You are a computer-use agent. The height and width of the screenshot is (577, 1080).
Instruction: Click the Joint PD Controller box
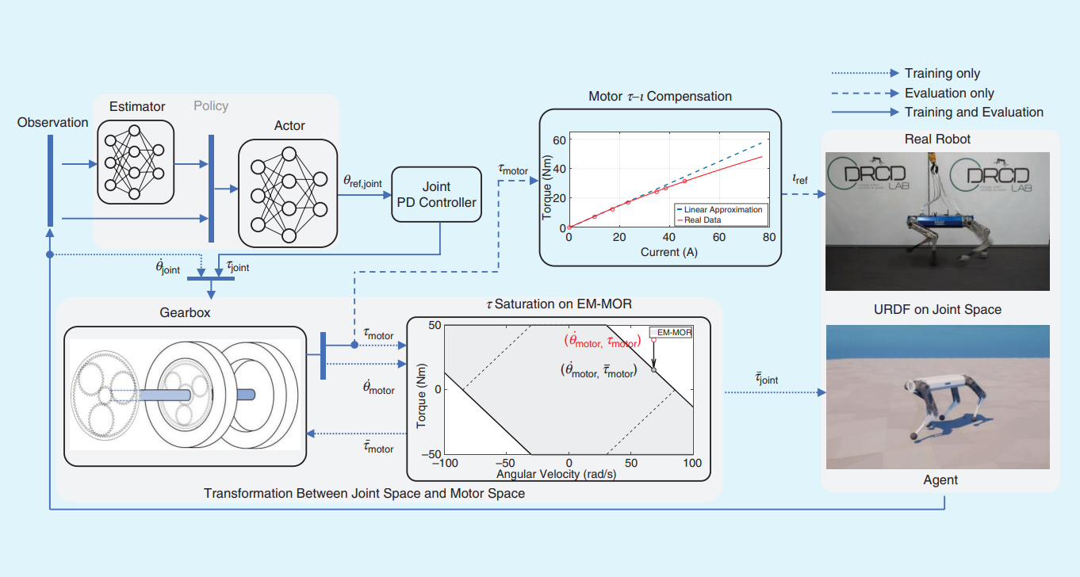[436, 194]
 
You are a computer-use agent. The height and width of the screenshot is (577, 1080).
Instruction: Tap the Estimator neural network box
[136, 162]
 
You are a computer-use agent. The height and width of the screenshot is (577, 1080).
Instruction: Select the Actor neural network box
[288, 193]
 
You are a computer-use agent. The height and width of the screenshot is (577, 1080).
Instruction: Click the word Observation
[52, 122]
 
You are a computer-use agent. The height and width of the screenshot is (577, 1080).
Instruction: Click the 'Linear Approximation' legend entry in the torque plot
[720, 210]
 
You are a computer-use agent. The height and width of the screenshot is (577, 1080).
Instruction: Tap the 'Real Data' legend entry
[699, 220]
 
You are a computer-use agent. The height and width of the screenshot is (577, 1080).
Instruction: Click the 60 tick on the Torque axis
[559, 140]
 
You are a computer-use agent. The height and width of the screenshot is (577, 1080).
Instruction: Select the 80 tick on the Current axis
[769, 237]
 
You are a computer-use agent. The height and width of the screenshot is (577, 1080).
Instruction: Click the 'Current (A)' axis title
[668, 252]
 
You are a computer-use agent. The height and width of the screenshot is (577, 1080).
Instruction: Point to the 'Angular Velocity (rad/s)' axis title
[557, 474]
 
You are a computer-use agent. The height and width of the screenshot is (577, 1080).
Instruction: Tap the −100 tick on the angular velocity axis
[445, 463]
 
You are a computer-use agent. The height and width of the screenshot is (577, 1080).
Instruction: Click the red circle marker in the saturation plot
[653, 340]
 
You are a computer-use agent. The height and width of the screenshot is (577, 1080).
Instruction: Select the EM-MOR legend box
[671, 332]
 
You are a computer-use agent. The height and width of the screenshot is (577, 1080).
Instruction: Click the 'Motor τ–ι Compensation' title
[660, 97]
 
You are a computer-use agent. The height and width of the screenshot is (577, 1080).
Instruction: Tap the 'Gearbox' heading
[185, 312]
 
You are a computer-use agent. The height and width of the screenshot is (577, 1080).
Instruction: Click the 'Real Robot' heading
[937, 139]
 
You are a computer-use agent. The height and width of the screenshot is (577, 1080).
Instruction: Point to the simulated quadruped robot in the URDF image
[943, 404]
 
